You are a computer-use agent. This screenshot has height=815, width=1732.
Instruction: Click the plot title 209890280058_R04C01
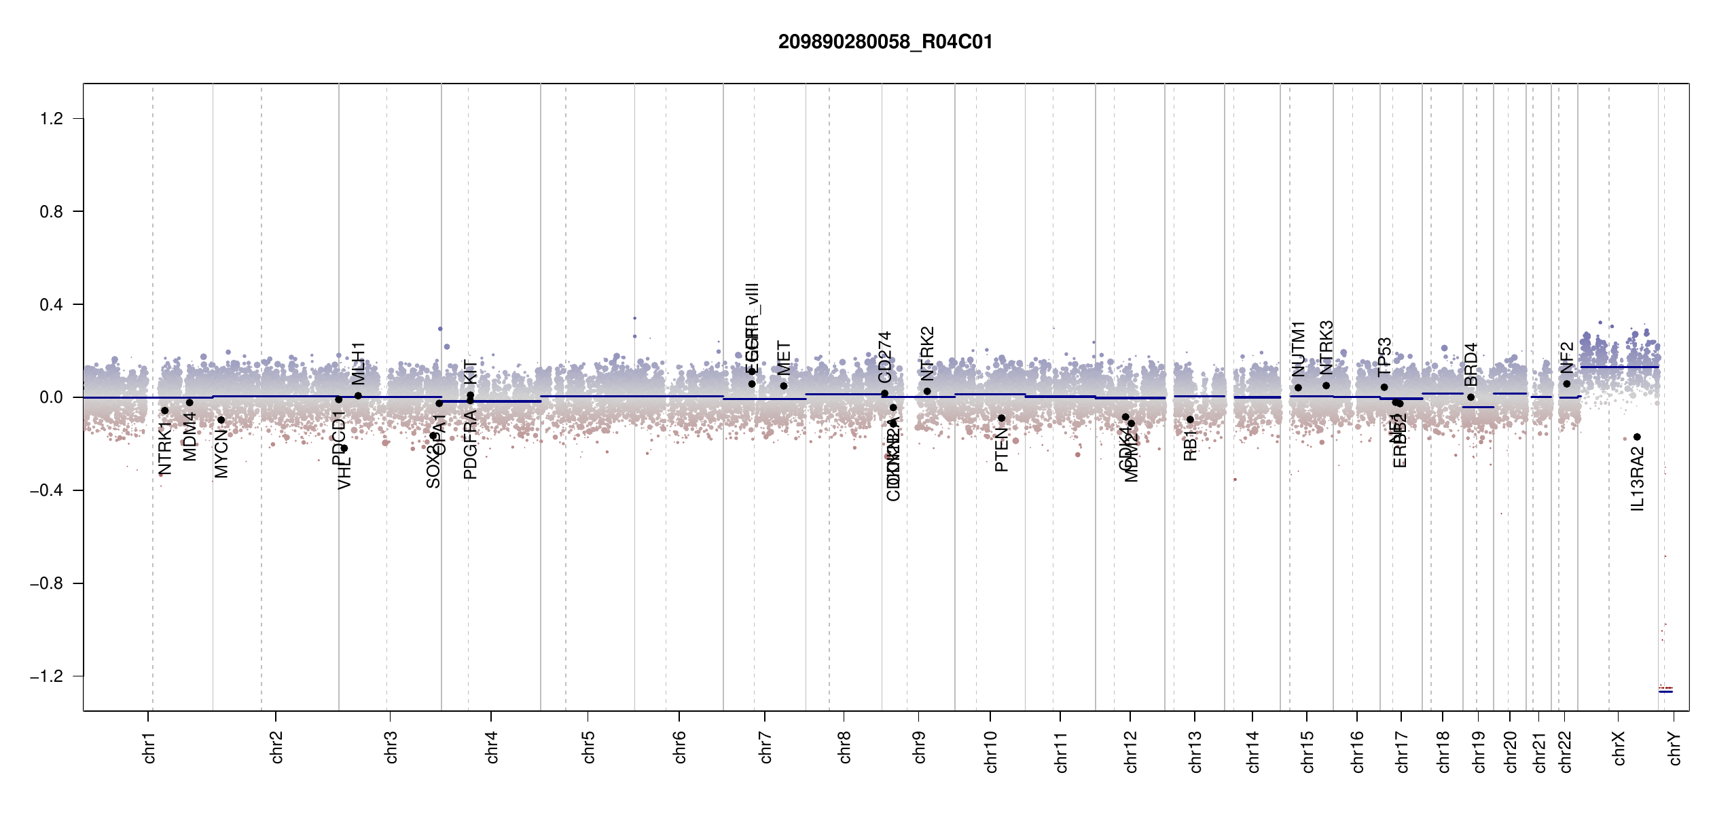(x=885, y=42)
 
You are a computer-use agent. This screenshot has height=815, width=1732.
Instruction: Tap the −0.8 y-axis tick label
(x=46, y=583)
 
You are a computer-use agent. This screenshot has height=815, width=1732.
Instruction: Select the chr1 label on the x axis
(x=149, y=747)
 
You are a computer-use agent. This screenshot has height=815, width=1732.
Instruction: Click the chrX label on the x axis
(x=1619, y=748)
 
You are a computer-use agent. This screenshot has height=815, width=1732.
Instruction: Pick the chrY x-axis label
(x=1675, y=748)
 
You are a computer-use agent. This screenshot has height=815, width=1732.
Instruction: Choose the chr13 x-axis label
(x=1195, y=751)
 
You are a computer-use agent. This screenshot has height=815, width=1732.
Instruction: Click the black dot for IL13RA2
(x=1637, y=437)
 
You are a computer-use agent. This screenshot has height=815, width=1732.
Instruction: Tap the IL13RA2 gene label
(x=1638, y=479)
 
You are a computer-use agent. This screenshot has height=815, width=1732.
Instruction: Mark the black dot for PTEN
(x=1001, y=418)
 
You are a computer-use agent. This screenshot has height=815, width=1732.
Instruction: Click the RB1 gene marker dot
(x=1190, y=420)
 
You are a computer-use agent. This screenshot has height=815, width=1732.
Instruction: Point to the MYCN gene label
(x=221, y=453)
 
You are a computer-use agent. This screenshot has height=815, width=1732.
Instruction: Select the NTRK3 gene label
(x=1327, y=347)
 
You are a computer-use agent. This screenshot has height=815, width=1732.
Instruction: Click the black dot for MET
(x=784, y=386)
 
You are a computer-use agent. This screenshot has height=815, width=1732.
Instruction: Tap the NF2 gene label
(x=1567, y=357)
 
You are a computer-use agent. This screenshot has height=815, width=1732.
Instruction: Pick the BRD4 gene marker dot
(x=1471, y=397)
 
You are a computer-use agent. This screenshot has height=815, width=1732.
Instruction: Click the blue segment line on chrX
(x=1619, y=367)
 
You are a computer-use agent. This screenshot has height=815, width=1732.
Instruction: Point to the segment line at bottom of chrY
(x=1665, y=691)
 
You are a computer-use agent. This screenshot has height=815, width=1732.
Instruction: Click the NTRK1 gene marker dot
(x=164, y=410)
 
